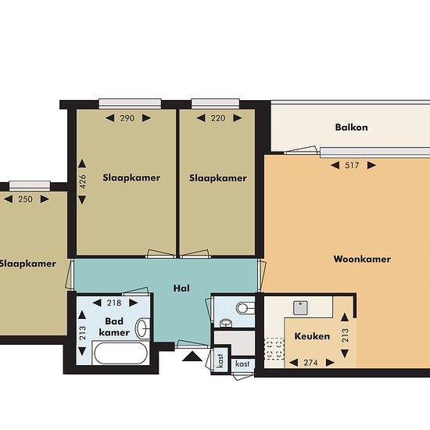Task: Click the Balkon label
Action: point(351,127)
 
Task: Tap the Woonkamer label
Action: point(362,259)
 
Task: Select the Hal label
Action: point(181,288)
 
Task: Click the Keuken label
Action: point(312,336)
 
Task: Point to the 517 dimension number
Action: point(352,166)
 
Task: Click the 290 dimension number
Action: point(127,118)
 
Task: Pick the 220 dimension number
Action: point(218,118)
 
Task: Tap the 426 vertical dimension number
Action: point(82,181)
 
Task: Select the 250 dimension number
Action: point(26,199)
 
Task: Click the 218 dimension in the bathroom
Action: point(114,303)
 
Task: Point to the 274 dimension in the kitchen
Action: point(310,363)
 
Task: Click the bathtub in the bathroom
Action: point(120,353)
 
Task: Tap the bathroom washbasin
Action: point(142,328)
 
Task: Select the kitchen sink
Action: point(300,308)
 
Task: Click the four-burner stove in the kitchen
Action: point(274,348)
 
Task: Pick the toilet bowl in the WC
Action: point(245,308)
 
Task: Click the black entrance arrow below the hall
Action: point(192,356)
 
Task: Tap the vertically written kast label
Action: point(220,360)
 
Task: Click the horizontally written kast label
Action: point(242,364)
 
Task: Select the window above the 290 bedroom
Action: point(130,103)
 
